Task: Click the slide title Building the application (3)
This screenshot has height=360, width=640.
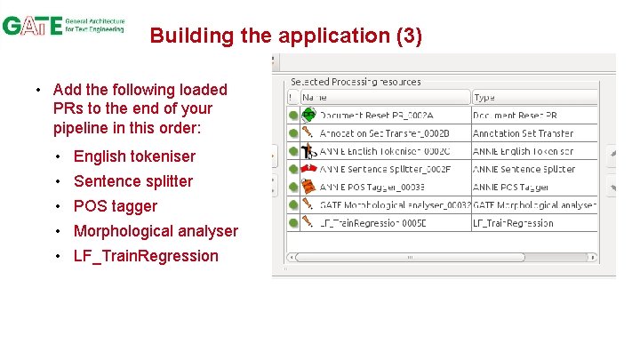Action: [x=285, y=36]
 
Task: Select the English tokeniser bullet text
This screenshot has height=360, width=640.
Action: [x=134, y=156]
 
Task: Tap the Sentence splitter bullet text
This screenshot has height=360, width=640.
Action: [x=133, y=181]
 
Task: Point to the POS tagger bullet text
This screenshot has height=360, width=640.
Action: [x=116, y=206]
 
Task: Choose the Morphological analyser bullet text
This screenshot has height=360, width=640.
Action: [x=156, y=231]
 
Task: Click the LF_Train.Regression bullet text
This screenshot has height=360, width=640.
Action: [x=146, y=256]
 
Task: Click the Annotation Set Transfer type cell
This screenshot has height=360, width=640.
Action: [x=523, y=133]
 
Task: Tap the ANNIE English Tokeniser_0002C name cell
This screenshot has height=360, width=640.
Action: [x=384, y=151]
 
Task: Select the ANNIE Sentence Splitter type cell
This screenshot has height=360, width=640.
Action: [x=524, y=169]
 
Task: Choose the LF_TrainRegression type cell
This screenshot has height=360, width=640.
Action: [x=513, y=223]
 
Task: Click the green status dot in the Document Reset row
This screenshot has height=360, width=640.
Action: [x=293, y=116]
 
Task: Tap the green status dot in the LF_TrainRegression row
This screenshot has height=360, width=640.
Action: [x=293, y=223]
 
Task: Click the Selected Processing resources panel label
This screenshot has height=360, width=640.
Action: [x=356, y=82]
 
